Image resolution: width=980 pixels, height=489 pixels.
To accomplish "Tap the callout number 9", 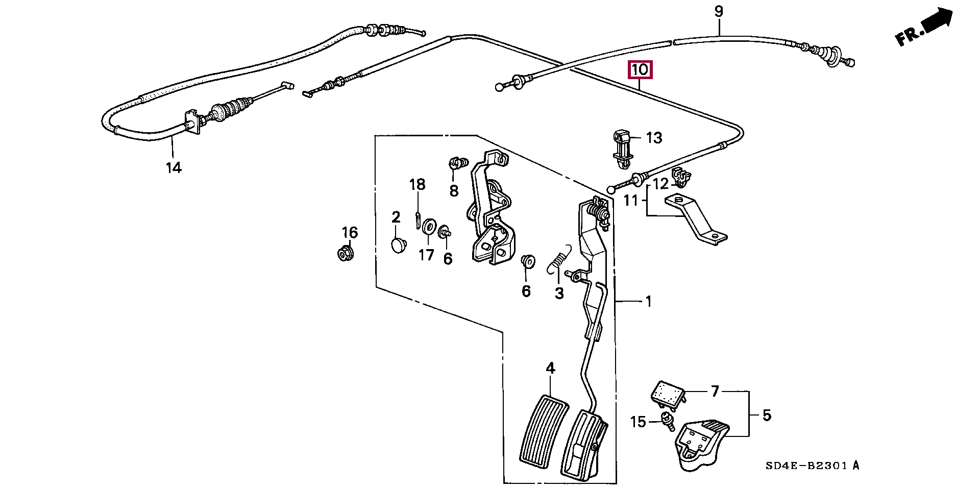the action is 719,11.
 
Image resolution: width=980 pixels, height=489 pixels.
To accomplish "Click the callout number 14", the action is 174,167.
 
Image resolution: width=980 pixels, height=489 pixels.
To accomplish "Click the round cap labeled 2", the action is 398,245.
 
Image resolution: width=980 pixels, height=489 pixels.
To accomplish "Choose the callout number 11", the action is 631,201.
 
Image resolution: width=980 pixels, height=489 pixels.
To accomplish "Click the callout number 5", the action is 767,415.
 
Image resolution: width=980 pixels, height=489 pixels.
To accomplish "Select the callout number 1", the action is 648,302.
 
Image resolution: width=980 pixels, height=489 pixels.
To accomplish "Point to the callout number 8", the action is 454,190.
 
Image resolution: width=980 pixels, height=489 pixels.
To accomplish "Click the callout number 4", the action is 550,368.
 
